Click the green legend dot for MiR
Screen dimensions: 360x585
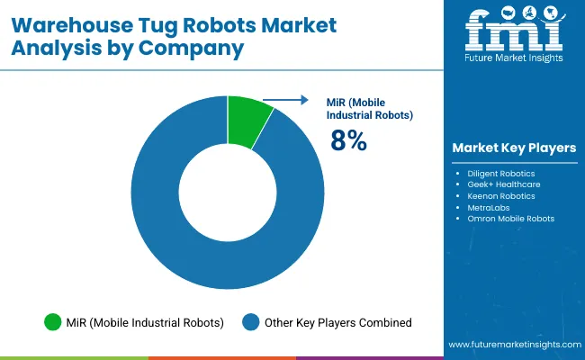(x=52, y=322)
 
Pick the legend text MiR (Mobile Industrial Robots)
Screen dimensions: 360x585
(x=144, y=322)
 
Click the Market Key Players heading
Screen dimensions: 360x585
(x=515, y=148)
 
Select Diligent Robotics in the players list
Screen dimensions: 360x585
(x=501, y=172)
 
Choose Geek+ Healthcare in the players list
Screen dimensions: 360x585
(x=502, y=184)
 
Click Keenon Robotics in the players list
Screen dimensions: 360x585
(x=501, y=195)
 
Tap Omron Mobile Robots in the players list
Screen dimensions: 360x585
(x=510, y=219)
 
